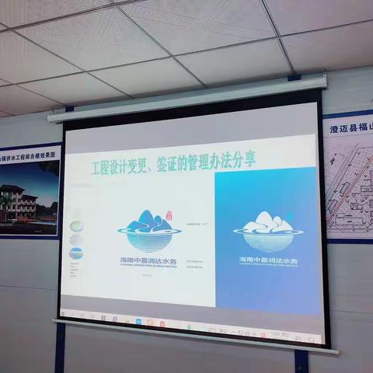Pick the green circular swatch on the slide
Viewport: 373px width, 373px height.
[75, 226]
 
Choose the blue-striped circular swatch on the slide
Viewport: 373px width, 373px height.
[75, 253]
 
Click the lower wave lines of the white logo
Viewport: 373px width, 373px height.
[263, 235]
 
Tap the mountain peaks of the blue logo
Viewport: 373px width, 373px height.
[150, 218]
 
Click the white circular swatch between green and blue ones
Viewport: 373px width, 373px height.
[75, 239]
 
